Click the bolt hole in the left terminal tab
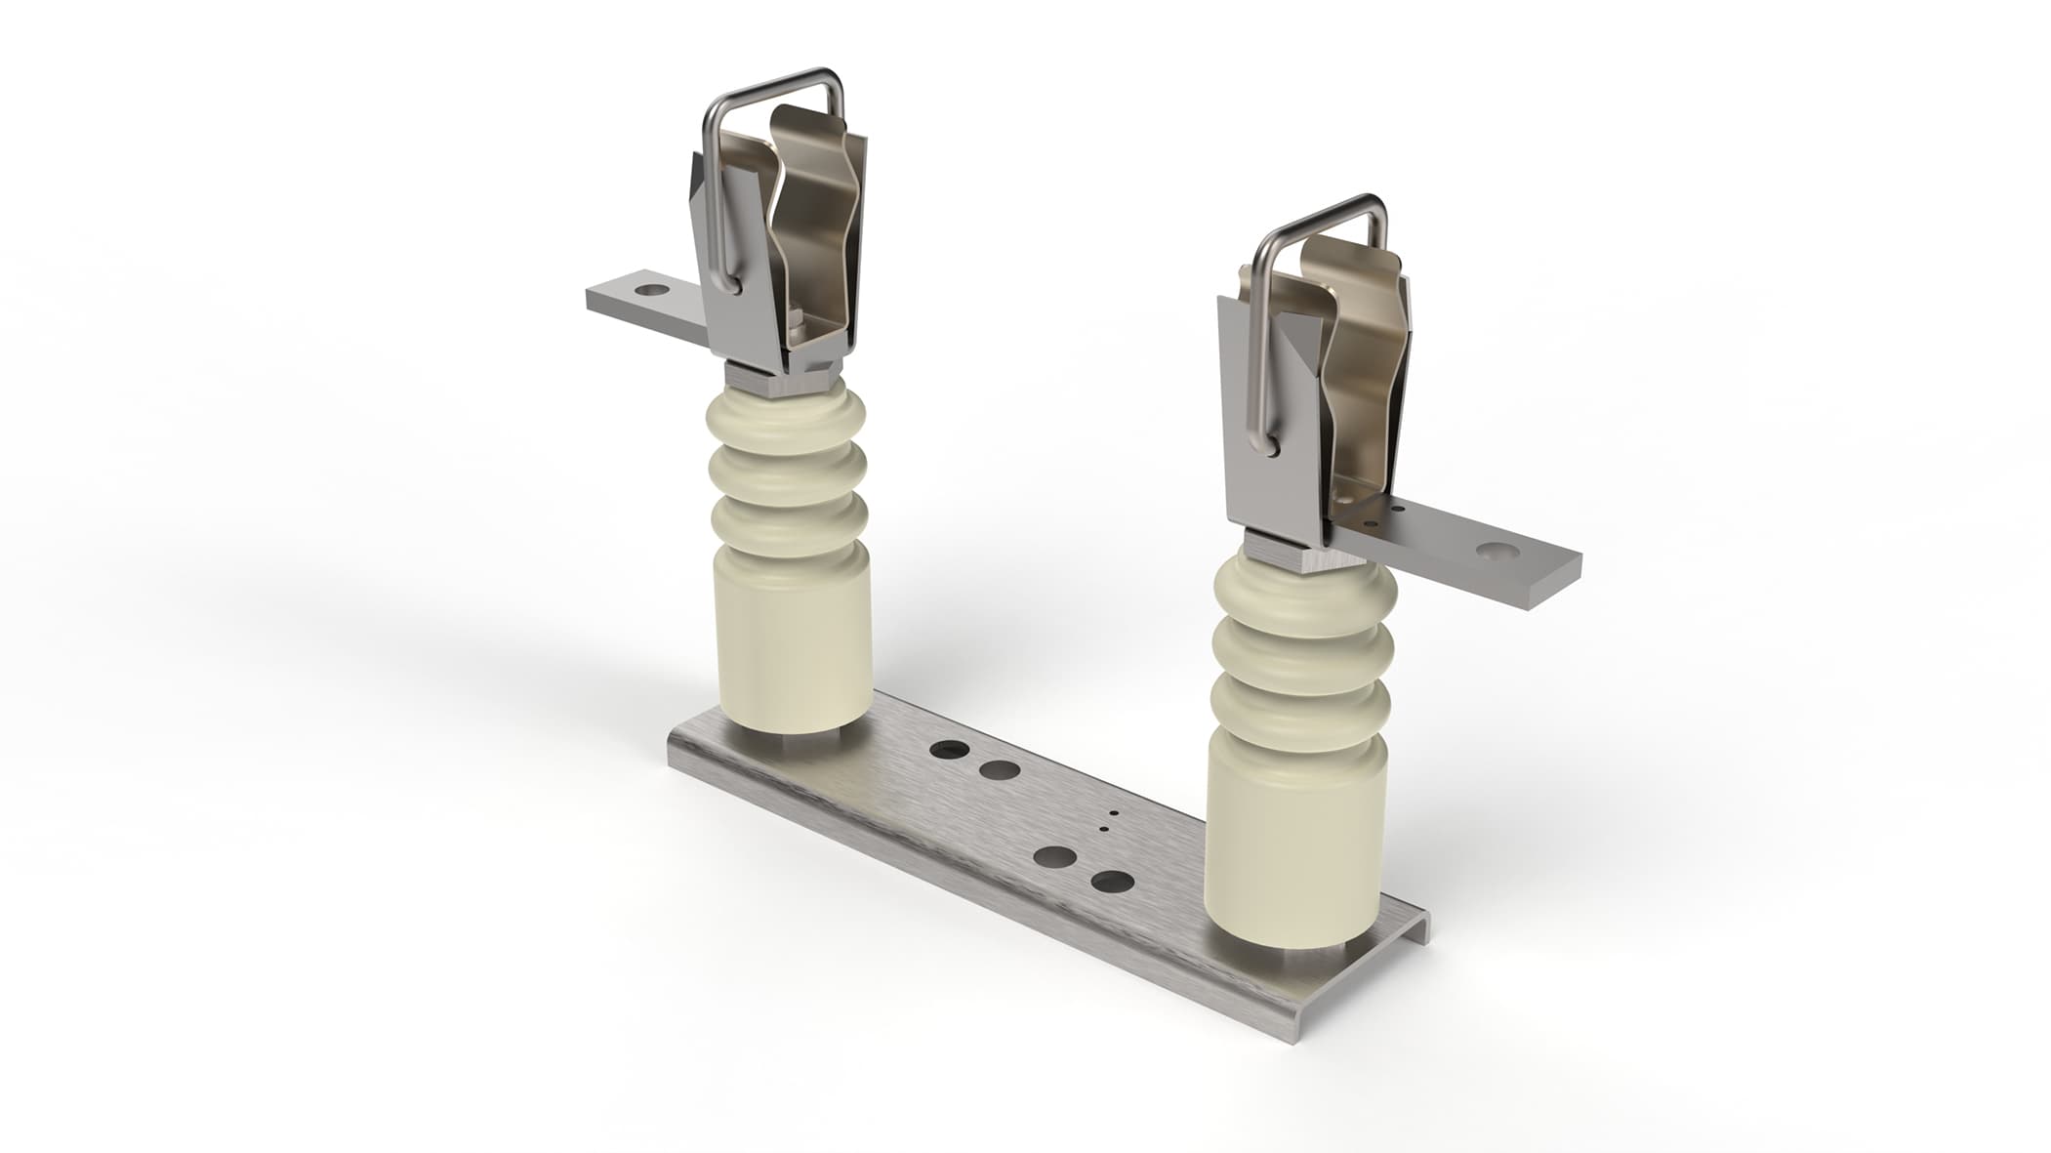[648, 290]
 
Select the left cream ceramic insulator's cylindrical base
[793, 644]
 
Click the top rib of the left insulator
[788, 416]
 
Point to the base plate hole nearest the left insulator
[948, 751]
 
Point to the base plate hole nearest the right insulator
[1112, 883]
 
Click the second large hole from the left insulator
[997, 771]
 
